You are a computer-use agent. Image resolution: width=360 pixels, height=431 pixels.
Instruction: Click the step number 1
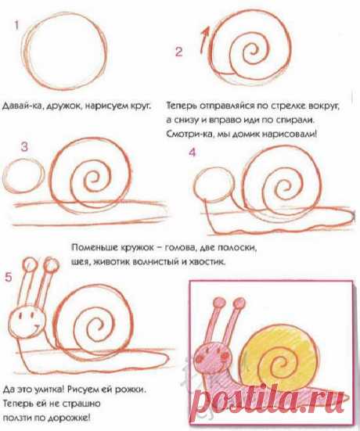coord(16,26)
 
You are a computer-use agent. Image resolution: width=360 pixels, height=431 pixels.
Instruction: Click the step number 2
coord(178,52)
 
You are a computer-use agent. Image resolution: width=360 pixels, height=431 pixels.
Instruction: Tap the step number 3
coord(24,147)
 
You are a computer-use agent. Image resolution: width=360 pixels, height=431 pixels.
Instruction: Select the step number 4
coord(193,152)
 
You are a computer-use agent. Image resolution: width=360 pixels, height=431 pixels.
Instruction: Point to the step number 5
coord(9,277)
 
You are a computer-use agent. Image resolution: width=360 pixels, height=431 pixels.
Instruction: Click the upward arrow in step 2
coord(204,40)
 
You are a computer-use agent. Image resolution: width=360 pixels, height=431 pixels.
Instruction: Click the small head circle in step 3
coord(23,176)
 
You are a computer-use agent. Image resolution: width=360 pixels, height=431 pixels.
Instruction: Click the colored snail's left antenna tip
coord(219,302)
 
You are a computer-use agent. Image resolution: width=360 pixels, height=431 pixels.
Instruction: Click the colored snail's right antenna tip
coord(239,303)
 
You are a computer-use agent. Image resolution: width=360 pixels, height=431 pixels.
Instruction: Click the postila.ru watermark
coord(268,400)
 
